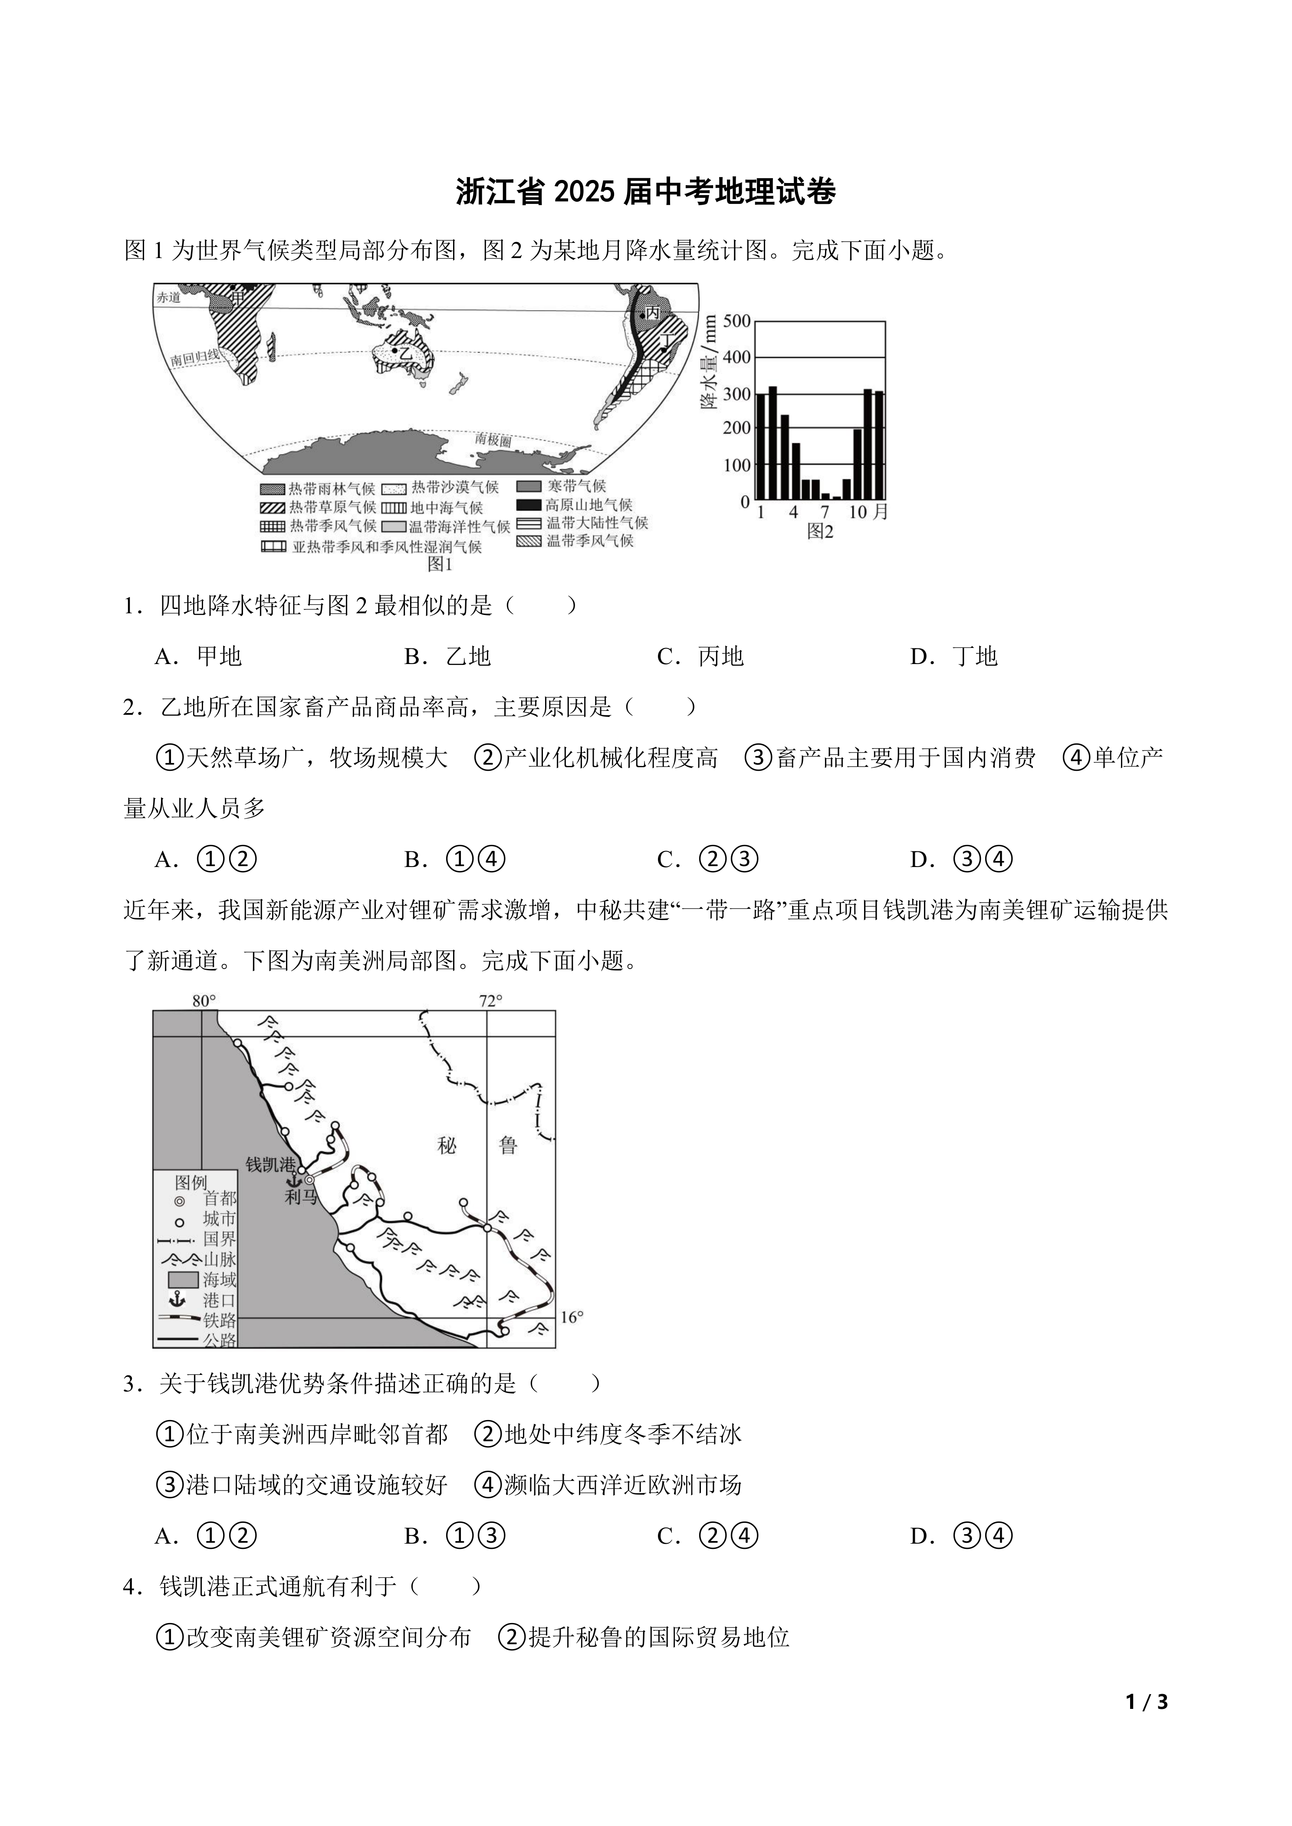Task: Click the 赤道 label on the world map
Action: tap(169, 298)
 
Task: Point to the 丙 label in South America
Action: tap(652, 313)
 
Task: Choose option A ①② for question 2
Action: tap(205, 860)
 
